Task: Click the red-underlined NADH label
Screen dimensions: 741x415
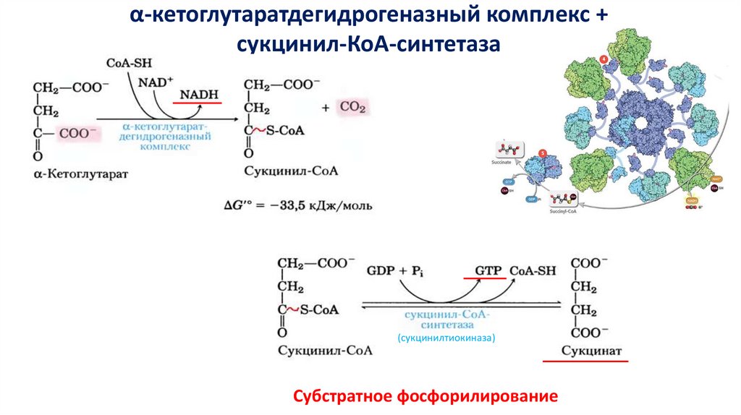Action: [x=199, y=95]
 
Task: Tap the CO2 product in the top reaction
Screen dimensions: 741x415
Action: [x=353, y=108]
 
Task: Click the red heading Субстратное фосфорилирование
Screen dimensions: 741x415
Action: [x=425, y=396]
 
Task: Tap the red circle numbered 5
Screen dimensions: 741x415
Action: [x=542, y=154]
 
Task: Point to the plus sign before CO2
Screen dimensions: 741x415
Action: [x=326, y=108]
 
